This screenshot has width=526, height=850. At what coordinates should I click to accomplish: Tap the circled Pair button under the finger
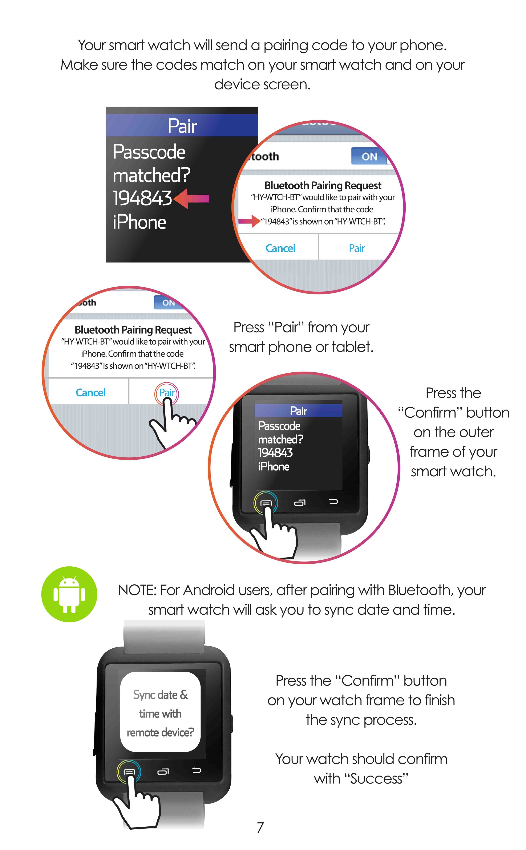click(x=167, y=393)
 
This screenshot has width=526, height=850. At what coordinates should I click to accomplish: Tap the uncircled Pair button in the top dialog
click(x=357, y=248)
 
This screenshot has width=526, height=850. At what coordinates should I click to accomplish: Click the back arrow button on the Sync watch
click(x=197, y=771)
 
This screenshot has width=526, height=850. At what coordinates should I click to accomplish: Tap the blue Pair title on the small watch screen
click(x=299, y=411)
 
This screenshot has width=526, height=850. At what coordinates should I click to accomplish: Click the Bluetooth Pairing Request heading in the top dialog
click(x=323, y=185)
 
